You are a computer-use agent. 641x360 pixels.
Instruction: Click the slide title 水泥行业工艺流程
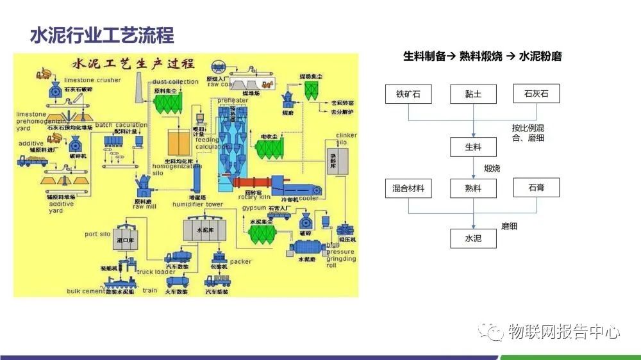(x=102, y=35)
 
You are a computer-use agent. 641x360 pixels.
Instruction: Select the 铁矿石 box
(x=408, y=94)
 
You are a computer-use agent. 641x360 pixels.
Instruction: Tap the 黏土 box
(x=473, y=94)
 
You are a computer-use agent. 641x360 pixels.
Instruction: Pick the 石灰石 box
(x=537, y=94)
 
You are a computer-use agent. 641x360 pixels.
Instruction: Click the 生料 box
(x=473, y=147)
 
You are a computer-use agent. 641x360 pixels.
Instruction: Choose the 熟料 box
(x=473, y=188)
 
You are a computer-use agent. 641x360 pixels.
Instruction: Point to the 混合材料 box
(x=408, y=188)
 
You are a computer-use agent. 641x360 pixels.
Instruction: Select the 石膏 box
(x=537, y=188)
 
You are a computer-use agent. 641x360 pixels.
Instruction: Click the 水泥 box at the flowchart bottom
(x=473, y=239)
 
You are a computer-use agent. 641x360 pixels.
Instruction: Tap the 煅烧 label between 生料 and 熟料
(x=492, y=168)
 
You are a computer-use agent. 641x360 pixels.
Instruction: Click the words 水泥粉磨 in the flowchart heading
(x=540, y=56)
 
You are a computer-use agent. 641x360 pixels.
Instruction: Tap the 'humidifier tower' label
(x=197, y=204)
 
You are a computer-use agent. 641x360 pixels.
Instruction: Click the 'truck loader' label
(x=156, y=272)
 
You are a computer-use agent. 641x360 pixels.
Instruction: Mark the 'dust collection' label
(x=175, y=82)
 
